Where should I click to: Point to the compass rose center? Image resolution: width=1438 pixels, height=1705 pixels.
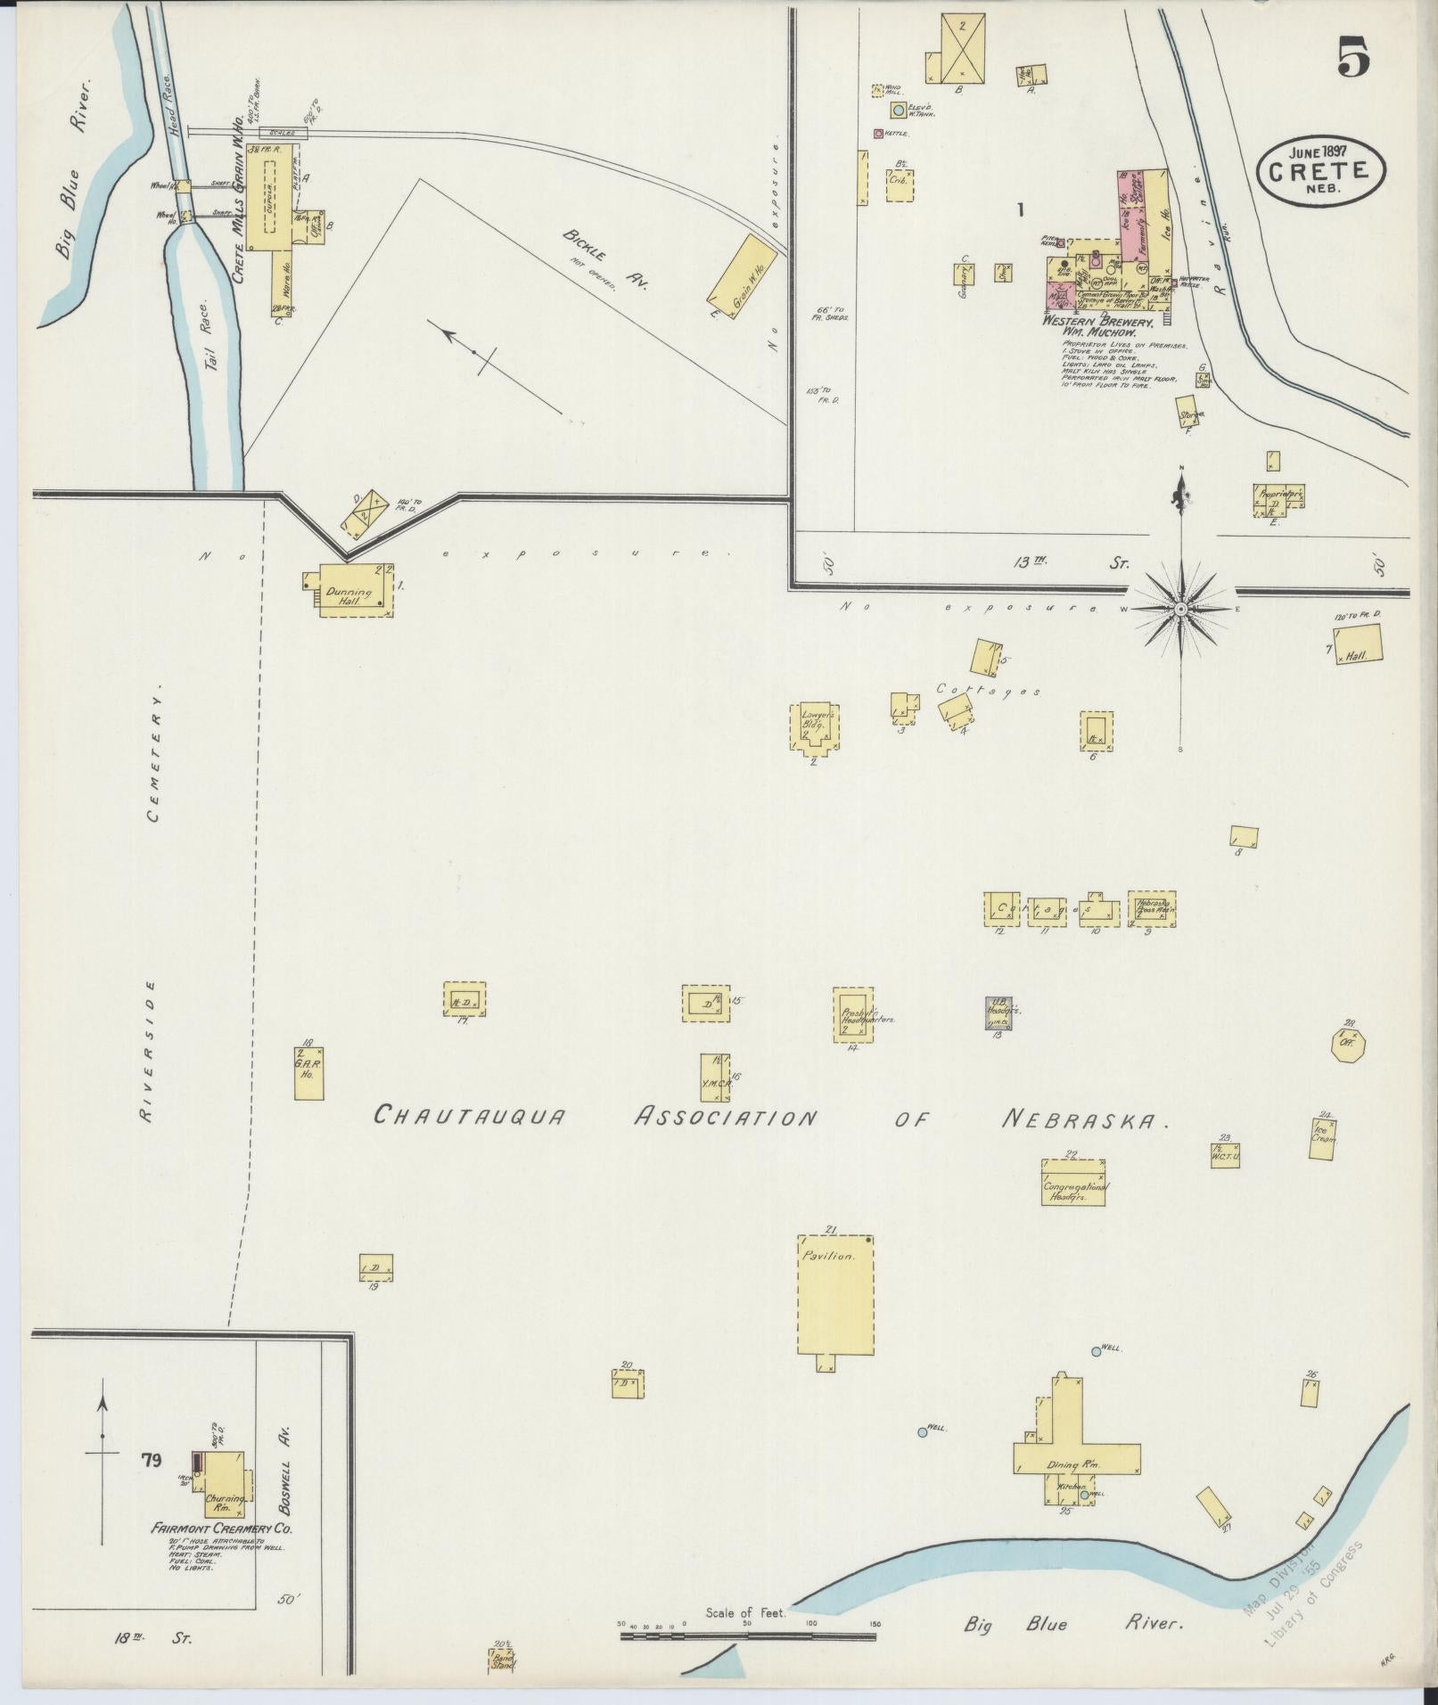tap(1180, 608)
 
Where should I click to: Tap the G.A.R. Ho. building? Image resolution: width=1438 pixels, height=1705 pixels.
tap(309, 1073)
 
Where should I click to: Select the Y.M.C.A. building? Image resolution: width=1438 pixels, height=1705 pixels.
tap(715, 1077)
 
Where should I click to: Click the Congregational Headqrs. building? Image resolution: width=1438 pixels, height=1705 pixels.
tap(1074, 1182)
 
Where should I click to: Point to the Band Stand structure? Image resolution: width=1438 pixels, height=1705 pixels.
tap(502, 1660)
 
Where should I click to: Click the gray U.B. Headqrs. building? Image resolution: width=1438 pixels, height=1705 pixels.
tap(998, 1013)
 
